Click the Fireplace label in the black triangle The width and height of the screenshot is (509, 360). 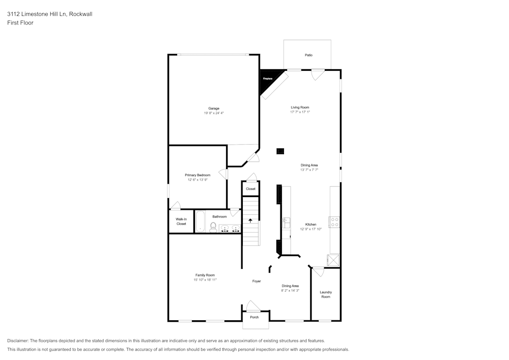[267, 79]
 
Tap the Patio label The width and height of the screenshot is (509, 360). [308, 55]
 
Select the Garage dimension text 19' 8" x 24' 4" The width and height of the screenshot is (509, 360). [213, 113]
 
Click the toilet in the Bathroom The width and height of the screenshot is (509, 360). [213, 227]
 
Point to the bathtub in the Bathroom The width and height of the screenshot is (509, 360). [200, 222]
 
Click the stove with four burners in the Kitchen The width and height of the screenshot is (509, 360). [335, 222]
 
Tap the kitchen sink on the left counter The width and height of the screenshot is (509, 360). [286, 223]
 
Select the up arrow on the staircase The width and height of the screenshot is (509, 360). [250, 220]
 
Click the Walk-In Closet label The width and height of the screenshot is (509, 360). [181, 221]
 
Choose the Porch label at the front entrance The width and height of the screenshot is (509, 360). [254, 317]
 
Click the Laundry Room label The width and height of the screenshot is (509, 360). [326, 294]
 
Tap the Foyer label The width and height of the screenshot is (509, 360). [257, 281]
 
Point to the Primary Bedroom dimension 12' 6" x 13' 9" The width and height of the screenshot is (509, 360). [197, 180]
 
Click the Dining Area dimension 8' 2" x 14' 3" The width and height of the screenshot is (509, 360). [290, 291]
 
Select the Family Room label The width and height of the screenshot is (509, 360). [205, 275]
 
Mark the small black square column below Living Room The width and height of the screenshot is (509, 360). [280, 151]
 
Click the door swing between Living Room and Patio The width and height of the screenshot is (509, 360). [318, 74]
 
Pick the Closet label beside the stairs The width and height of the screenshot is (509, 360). [250, 189]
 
